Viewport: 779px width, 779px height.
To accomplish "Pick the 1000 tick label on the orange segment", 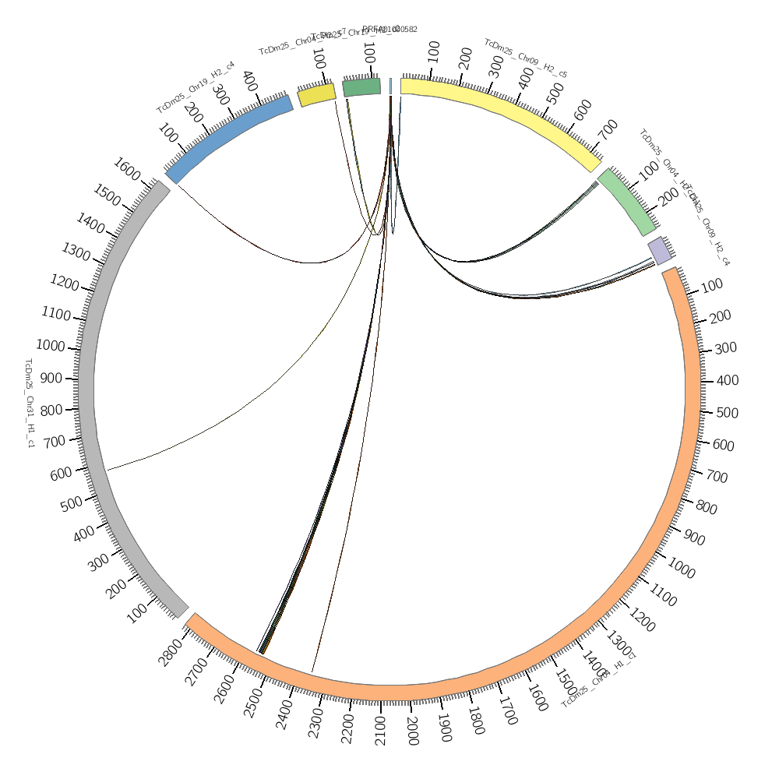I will click(x=681, y=569).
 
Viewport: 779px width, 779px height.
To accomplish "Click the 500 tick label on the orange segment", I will click(x=726, y=413).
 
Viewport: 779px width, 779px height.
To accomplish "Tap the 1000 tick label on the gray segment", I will click(x=51, y=345).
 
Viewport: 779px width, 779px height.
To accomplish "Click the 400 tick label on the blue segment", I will click(x=250, y=80).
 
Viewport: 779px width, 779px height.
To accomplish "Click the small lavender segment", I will click(x=659, y=251).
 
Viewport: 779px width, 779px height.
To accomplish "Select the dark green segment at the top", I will click(x=361, y=87).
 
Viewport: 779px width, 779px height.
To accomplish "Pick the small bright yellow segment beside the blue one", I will click(x=317, y=94).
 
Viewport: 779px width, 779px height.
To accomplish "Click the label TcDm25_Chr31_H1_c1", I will click(x=30, y=404).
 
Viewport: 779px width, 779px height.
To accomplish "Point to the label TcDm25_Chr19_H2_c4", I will click(x=196, y=87).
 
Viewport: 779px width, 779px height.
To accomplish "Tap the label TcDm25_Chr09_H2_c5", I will click(x=526, y=58).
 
